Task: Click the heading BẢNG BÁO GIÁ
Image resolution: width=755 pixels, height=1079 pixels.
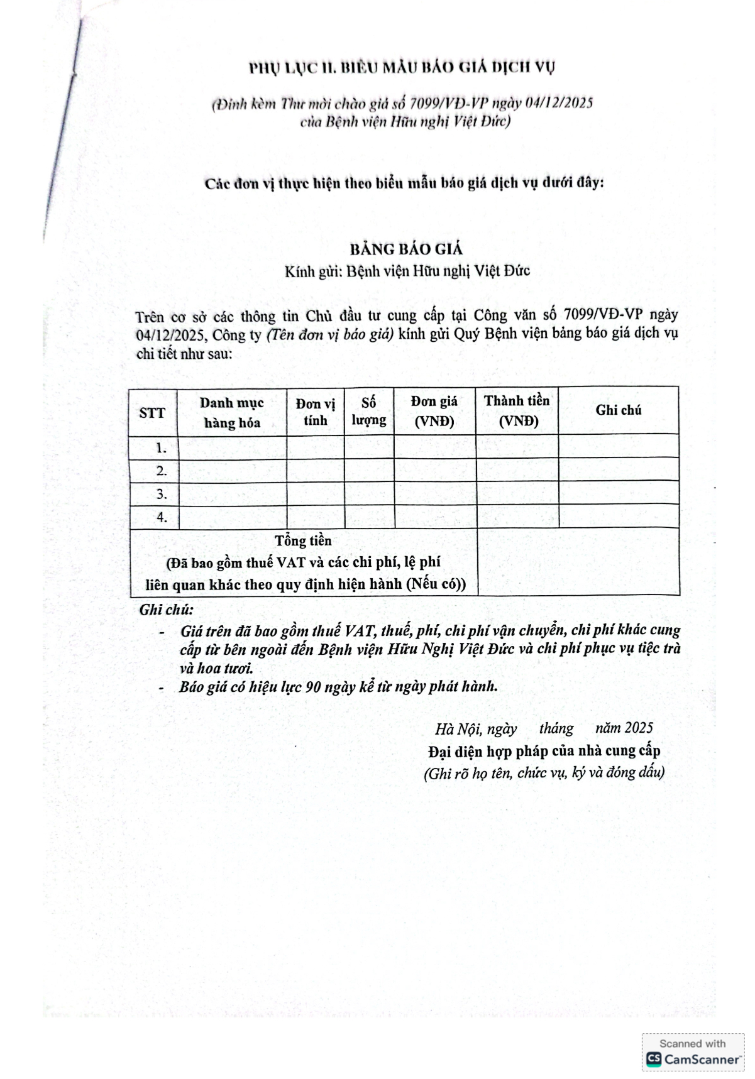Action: click(x=406, y=249)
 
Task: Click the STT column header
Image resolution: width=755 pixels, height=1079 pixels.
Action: click(x=152, y=413)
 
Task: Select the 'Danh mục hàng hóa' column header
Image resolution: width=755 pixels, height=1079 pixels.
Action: click(x=232, y=412)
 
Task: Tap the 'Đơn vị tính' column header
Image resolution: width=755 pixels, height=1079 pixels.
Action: click(x=316, y=412)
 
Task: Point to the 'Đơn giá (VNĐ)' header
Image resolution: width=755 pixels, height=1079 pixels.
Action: click(x=434, y=411)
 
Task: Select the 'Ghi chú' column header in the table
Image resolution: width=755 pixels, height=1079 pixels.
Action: click(x=619, y=410)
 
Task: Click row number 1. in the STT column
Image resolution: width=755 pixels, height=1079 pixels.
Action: click(x=162, y=448)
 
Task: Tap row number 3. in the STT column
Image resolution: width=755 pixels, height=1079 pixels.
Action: click(x=162, y=494)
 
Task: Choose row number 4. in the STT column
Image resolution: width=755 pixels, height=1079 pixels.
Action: click(x=162, y=517)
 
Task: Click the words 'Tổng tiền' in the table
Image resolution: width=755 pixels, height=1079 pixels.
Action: click(x=303, y=540)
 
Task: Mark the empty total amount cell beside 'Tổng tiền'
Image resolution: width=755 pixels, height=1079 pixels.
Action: click(x=578, y=561)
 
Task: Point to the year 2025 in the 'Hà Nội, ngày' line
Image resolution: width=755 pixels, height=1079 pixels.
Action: click(x=639, y=728)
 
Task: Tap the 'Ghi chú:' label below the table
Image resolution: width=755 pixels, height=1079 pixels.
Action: click(x=167, y=610)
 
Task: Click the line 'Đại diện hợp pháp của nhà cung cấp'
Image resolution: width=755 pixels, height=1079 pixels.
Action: click(x=544, y=751)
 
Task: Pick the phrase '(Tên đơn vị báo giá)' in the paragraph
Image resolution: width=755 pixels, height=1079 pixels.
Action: click(x=331, y=334)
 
